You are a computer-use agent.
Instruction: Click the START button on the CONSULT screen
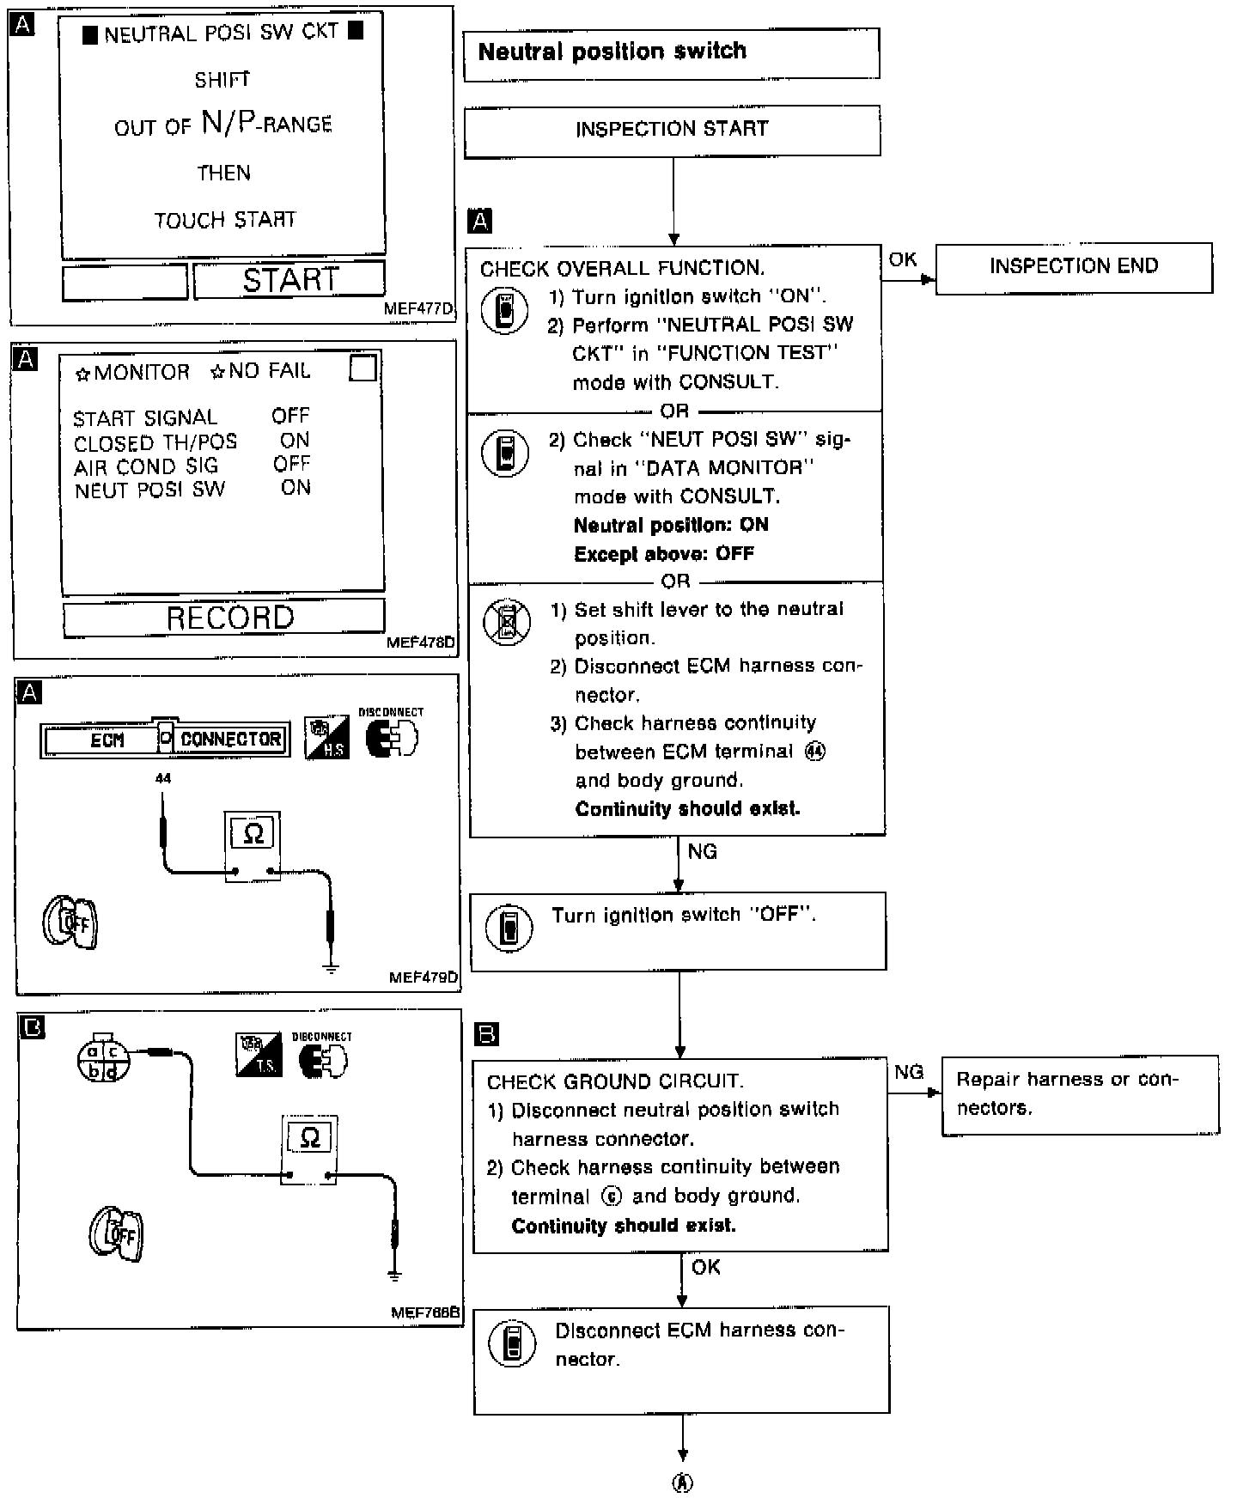click(289, 280)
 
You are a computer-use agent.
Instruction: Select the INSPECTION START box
click(672, 130)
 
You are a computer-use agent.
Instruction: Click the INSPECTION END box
click(1073, 267)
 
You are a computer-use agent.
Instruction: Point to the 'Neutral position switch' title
click(612, 52)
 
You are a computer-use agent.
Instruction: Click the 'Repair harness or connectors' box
click(1080, 1094)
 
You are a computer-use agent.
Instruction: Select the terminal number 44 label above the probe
click(163, 778)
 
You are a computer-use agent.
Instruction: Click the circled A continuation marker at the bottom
click(682, 1483)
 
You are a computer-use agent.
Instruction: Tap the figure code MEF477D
click(419, 309)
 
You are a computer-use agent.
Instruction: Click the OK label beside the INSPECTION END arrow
click(903, 259)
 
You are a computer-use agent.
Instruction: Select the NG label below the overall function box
click(702, 852)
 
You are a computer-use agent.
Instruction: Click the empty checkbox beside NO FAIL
click(363, 368)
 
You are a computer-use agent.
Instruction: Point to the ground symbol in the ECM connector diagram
click(331, 967)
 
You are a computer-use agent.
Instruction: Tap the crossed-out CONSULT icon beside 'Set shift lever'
click(506, 622)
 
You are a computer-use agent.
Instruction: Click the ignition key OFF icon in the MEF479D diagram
click(70, 923)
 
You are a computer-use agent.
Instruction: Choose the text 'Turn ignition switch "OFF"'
click(683, 916)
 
